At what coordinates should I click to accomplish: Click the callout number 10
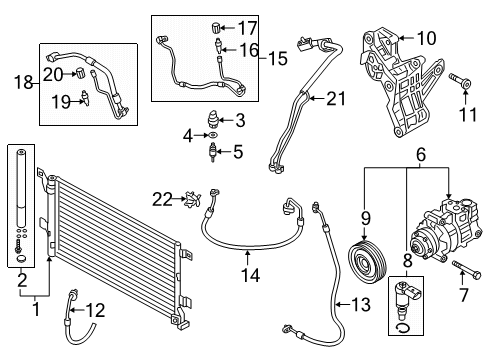point(426,38)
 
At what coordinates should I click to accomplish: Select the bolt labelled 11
point(460,80)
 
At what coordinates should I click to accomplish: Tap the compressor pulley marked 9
point(367,262)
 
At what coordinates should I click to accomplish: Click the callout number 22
point(162,199)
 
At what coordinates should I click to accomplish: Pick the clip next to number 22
point(193,199)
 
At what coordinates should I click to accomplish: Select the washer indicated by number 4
point(213,135)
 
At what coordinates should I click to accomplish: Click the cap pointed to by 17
point(216,27)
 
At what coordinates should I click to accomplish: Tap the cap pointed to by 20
point(80,73)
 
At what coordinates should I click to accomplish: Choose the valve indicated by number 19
point(86,98)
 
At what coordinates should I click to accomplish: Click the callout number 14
point(250,275)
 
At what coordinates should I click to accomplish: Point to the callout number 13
point(361,305)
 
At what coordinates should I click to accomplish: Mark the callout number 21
point(336,99)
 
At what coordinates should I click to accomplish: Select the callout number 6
point(421,154)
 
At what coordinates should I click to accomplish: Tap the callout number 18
point(23,82)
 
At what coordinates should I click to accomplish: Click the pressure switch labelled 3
point(212,119)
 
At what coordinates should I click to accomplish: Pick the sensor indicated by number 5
point(212,153)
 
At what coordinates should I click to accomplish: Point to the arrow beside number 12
point(77,311)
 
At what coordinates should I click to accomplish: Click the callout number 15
point(278,58)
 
